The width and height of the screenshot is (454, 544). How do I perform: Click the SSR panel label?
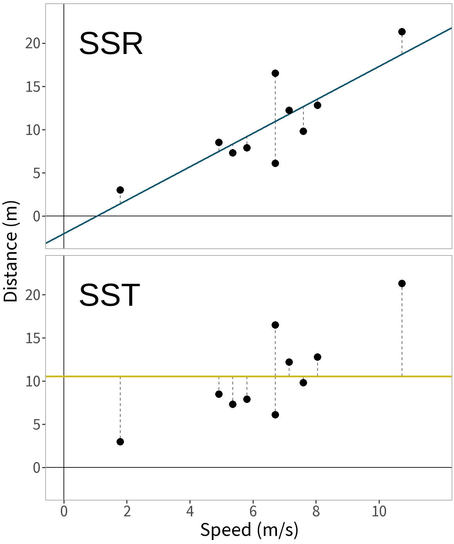111,44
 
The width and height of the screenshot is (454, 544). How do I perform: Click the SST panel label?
109,295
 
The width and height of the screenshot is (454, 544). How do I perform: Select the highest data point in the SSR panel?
402,32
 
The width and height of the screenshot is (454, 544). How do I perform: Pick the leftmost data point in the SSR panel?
120,190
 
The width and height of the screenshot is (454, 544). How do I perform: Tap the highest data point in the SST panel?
402,283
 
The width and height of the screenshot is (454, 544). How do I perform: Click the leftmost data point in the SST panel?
120,442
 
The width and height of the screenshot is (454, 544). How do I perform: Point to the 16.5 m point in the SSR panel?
275,73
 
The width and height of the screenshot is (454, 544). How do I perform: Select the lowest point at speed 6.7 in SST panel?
275,415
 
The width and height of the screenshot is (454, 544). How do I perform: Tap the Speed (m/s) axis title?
249,530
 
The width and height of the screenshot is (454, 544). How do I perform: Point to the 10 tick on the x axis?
379,512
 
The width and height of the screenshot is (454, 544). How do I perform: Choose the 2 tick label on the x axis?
127,512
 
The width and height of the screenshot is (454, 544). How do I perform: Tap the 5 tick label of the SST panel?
36,425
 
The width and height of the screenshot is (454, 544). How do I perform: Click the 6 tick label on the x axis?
253,512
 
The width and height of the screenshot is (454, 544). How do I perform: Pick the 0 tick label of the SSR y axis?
36,216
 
